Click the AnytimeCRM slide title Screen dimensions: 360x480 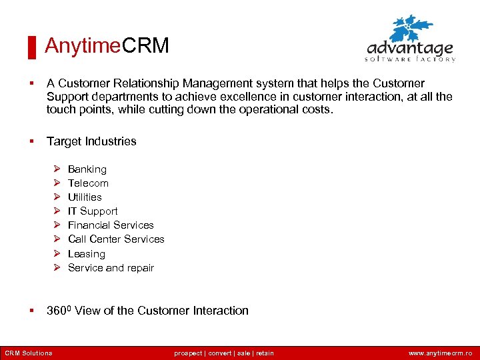(x=107, y=45)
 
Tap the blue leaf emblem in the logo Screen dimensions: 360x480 (x=411, y=29)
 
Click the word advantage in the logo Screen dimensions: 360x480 (x=410, y=49)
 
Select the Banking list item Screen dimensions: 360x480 (x=87, y=169)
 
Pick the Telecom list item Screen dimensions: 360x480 (x=88, y=183)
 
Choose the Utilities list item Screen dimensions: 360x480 (x=85, y=197)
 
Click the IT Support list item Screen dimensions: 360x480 (x=93, y=211)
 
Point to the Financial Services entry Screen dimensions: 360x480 (x=111, y=225)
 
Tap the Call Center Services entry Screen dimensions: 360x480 (x=116, y=239)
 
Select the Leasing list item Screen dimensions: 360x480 (x=87, y=254)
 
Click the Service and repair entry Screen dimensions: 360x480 (x=111, y=268)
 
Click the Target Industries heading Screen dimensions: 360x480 (x=91, y=141)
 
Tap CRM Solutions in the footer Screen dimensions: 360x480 (x=29, y=353)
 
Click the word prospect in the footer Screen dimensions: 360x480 (x=189, y=353)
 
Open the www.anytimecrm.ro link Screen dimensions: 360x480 (x=440, y=353)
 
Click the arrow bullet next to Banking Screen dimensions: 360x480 (x=57, y=169)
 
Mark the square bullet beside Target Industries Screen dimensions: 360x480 (x=31, y=141)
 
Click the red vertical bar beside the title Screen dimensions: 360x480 (x=31, y=47)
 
